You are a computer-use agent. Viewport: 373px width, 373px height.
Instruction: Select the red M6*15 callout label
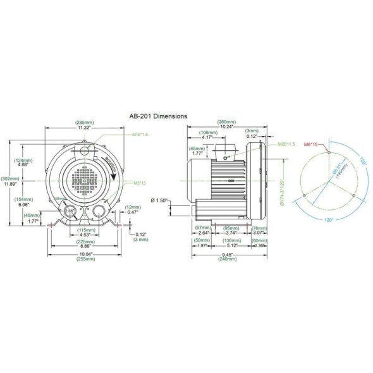tap(312, 145)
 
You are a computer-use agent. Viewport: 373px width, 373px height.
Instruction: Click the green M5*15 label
tap(139, 184)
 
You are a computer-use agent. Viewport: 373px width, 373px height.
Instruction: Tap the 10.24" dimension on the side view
tap(227, 127)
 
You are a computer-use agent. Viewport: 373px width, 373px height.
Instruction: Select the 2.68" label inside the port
tap(70, 211)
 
